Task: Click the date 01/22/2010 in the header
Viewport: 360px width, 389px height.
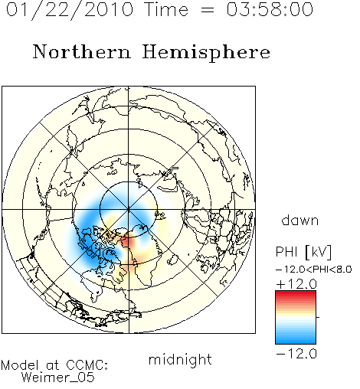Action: point(70,10)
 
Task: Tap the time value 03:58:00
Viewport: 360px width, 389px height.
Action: point(270,9)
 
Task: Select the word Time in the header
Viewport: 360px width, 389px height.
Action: point(166,9)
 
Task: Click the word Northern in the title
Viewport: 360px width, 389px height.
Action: point(82,51)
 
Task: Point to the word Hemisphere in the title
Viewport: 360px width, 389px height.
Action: point(206,53)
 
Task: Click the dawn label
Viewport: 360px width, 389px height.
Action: point(300,220)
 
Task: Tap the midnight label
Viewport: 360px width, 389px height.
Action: point(180,359)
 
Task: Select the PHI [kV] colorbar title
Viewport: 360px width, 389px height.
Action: point(303,252)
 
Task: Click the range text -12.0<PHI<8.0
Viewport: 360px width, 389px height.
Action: point(314,269)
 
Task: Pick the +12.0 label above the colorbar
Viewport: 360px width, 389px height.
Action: point(296,284)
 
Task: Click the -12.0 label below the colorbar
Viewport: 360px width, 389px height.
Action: point(296,354)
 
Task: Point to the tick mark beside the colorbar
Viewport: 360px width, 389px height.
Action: point(318,317)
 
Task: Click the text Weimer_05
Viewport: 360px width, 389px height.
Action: point(58,377)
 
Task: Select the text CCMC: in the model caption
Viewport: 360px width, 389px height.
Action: point(87,365)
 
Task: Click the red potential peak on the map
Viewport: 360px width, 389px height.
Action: point(129,242)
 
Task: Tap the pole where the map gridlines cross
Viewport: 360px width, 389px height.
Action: point(129,209)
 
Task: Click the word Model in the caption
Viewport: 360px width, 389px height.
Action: point(20,365)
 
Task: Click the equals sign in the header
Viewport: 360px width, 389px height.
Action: point(208,10)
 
